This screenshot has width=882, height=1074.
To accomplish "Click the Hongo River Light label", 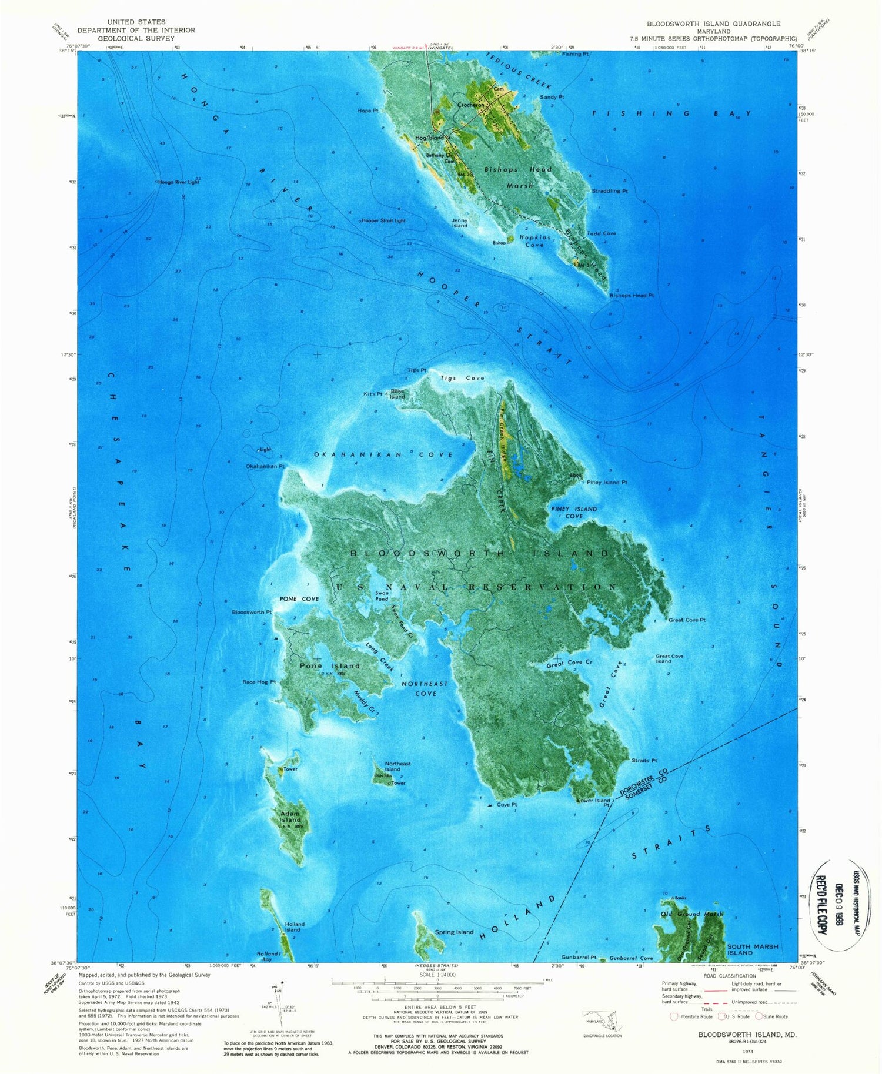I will (179, 182).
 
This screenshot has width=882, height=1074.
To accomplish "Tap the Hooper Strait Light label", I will (384, 220).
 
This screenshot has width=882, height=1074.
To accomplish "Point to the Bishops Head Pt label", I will (632, 295).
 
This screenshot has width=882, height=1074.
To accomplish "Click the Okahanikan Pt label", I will (265, 466).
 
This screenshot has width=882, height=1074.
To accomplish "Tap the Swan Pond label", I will (382, 596).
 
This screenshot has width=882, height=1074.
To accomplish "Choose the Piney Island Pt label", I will (607, 482).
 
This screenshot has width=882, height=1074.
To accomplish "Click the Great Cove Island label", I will (669, 658).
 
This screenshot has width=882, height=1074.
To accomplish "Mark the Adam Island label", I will (290, 817).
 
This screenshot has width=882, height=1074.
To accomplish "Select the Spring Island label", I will (454, 932).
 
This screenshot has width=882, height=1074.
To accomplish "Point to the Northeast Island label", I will (397, 766).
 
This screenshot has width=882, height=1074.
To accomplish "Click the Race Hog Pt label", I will (259, 682).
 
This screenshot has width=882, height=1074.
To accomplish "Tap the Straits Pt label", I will (644, 761).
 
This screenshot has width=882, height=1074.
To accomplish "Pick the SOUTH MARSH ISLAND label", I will (753, 949).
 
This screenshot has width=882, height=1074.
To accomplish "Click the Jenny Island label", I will (459, 223).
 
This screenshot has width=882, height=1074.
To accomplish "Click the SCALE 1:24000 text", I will (437, 975).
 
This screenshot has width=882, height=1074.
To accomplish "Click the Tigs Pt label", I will (416, 370).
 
